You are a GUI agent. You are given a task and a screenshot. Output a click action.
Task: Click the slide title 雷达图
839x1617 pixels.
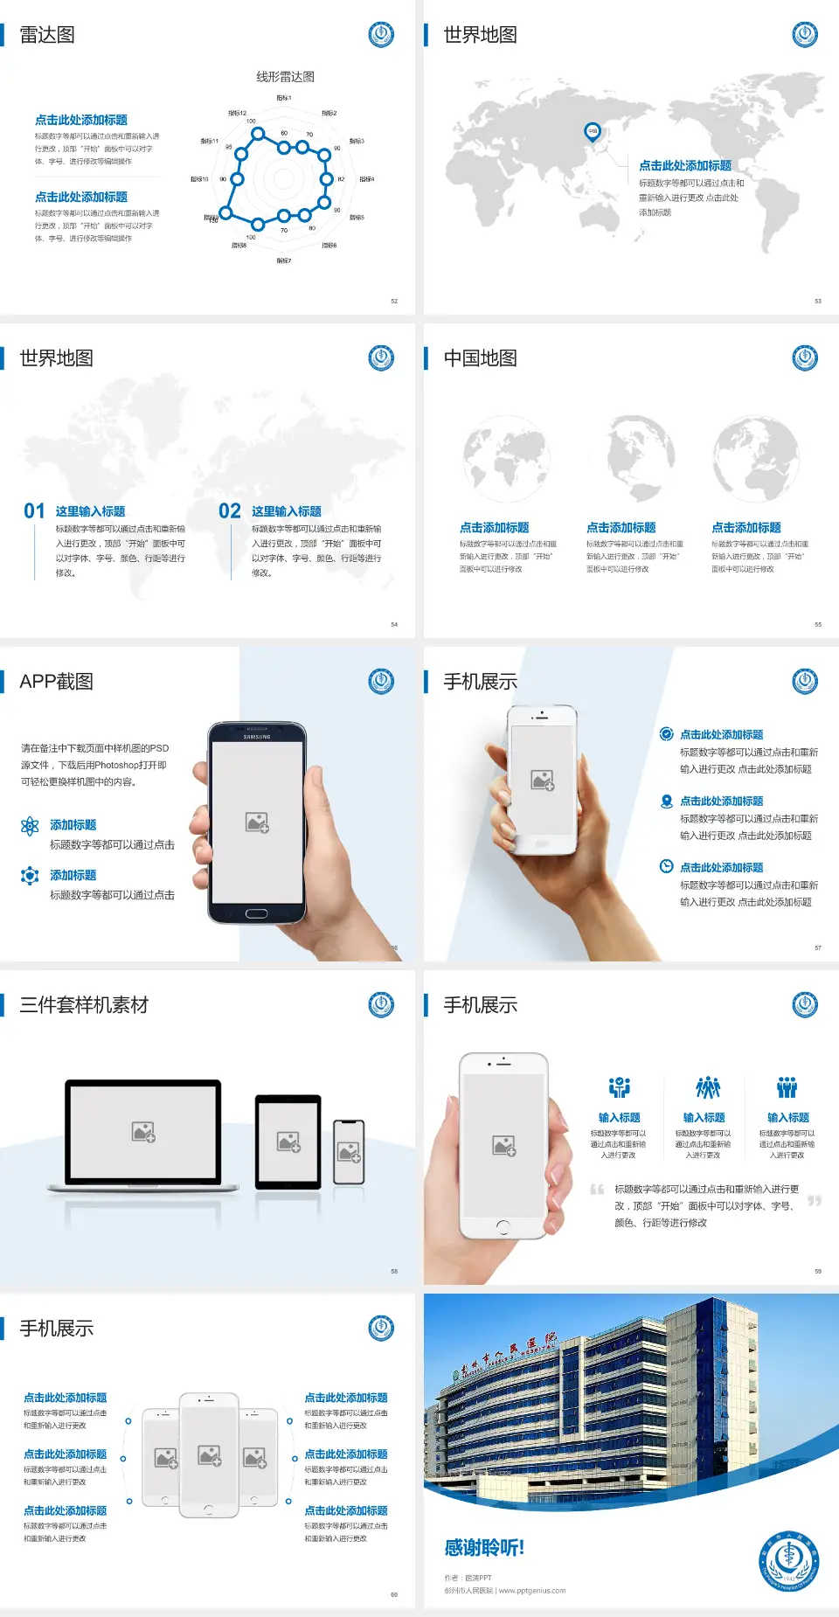click(47, 35)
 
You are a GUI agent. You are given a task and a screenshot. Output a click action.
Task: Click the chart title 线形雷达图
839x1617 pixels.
click(285, 77)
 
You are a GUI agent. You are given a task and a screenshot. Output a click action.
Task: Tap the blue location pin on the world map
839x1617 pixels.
click(592, 131)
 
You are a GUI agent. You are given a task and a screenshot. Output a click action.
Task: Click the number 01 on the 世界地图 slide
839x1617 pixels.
click(34, 511)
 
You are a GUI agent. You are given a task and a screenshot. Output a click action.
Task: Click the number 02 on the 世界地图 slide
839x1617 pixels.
click(230, 511)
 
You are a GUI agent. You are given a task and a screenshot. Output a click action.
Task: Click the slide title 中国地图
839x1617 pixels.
click(480, 358)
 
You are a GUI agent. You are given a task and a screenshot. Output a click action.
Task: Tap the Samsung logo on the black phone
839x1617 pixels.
click(257, 737)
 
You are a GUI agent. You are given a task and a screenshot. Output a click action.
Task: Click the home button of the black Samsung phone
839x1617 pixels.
click(256, 913)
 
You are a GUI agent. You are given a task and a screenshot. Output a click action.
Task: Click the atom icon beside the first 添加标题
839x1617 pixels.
click(30, 826)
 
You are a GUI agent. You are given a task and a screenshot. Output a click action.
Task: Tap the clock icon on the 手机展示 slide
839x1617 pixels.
click(666, 866)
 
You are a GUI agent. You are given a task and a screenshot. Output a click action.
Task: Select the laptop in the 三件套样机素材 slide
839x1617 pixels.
click(143, 1136)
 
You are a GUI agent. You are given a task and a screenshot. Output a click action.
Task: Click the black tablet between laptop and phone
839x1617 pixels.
click(288, 1142)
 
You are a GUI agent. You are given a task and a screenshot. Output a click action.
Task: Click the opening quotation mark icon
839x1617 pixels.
click(597, 1190)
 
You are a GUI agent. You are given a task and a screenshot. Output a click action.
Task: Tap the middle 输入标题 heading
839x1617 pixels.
click(704, 1117)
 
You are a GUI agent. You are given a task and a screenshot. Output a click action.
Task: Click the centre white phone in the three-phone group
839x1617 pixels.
click(209, 1455)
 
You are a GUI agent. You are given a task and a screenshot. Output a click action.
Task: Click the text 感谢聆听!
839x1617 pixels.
click(484, 1548)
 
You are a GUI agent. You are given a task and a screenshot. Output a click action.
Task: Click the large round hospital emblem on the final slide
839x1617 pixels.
click(788, 1562)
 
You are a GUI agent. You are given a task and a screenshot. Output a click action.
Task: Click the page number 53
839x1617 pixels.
click(818, 301)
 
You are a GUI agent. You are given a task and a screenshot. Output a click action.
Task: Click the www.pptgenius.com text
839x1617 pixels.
click(532, 1591)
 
